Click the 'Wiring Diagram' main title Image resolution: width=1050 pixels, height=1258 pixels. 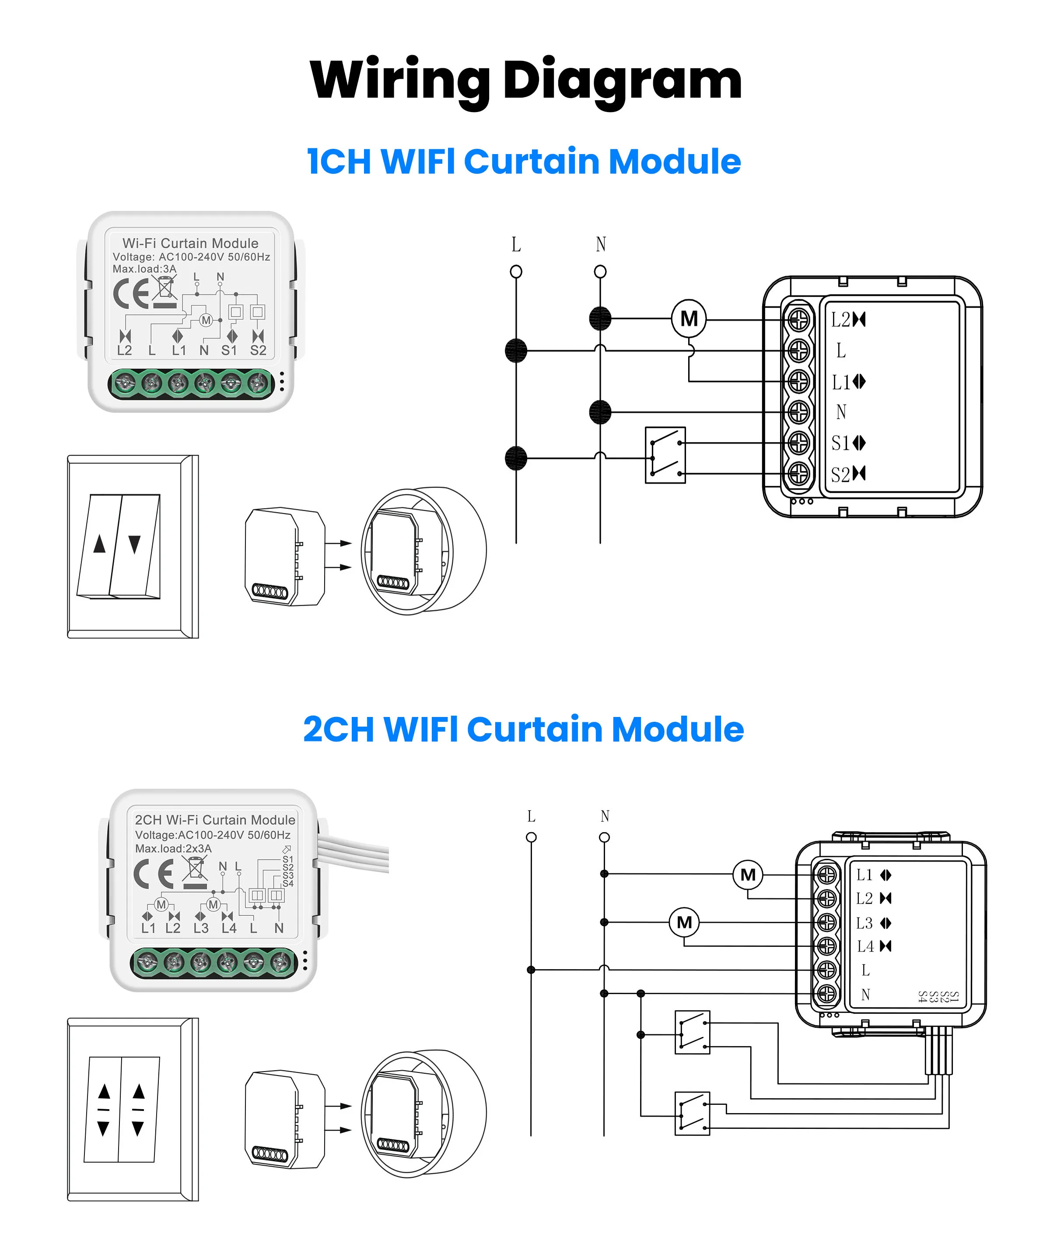[525, 81]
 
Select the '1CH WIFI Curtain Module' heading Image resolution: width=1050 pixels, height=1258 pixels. [524, 162]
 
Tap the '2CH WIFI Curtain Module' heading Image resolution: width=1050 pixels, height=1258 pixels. [524, 729]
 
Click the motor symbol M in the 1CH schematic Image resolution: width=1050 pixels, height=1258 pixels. [689, 319]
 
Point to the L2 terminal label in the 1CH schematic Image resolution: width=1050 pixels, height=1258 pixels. [840, 320]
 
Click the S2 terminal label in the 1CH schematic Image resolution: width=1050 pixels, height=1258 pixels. [840, 474]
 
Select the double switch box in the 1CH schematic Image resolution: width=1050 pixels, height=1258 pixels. [665, 455]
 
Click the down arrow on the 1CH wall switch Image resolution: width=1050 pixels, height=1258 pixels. [135, 544]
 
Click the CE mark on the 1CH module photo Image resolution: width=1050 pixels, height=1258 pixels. [131, 294]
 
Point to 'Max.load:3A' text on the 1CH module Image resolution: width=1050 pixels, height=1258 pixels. [144, 269]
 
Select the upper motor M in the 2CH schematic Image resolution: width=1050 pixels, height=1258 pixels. [748, 875]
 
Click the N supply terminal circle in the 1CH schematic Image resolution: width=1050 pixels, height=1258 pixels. [600, 272]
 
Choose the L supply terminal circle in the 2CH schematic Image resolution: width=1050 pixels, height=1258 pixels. [531, 837]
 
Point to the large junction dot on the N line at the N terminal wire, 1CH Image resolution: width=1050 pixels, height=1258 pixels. [600, 412]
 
